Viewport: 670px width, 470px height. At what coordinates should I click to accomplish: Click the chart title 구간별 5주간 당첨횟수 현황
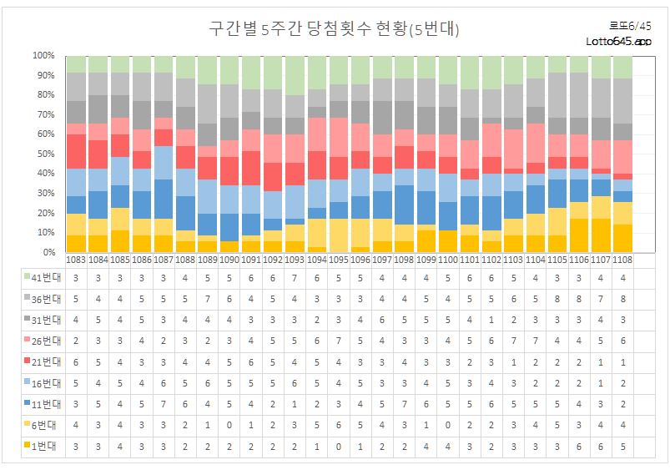pos(334,29)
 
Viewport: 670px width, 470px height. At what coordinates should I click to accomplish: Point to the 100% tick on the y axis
pos(43,56)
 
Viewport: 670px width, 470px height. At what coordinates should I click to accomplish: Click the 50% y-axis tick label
pos(43,154)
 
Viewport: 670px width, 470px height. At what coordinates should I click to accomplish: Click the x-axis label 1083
pos(77,260)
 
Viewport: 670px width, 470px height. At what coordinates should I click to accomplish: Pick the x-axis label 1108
pos(622,260)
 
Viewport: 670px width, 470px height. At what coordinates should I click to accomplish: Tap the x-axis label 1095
pos(339,260)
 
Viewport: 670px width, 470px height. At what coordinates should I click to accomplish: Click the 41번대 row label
pos(39,276)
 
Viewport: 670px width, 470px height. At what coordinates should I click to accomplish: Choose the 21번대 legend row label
pos(39,362)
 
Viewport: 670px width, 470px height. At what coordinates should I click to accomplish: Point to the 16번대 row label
pos(39,383)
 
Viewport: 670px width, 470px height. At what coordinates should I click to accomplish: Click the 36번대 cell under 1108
pos(622,298)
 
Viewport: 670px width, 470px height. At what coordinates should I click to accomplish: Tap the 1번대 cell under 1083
pos(77,447)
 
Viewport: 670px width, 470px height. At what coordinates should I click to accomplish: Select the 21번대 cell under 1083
pos(77,362)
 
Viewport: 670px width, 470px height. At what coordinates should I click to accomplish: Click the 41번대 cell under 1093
pos(295,276)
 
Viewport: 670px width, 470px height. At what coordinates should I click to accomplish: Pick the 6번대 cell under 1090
pos(229,426)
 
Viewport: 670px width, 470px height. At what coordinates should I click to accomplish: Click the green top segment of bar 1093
pos(295,75)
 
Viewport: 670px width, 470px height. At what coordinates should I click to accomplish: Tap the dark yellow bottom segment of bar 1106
pos(579,235)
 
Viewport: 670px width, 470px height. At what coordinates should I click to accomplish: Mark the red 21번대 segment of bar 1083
pos(77,151)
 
